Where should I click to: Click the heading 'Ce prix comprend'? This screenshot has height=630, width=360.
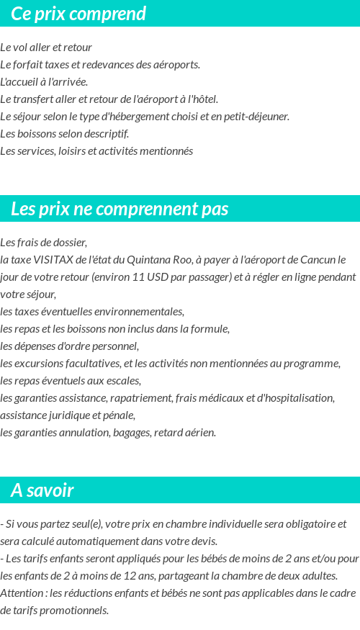(78, 14)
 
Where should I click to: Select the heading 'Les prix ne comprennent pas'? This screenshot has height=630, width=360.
(120, 209)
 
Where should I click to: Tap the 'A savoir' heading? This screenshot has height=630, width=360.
(42, 490)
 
